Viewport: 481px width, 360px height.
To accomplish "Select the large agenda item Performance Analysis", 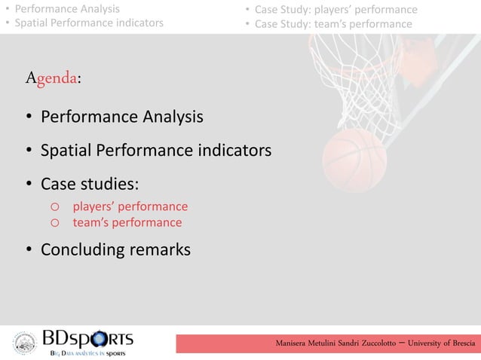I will pos(121,117).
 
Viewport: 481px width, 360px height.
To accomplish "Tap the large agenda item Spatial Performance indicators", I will pos(155,151).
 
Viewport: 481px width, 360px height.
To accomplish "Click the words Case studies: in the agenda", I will pos(89,185).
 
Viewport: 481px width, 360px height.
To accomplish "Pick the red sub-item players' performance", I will pos(130,206).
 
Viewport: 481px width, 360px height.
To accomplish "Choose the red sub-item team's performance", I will pos(127,222).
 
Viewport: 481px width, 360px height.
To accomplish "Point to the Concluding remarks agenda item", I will pos(115,249).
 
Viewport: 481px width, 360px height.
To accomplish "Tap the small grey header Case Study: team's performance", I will pos(333,24).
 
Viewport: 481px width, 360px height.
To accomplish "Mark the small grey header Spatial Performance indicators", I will pos(88,23).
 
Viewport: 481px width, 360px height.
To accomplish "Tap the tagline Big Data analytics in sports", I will pos(87,352).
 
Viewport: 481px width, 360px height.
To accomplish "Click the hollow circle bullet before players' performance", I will pos(54,207).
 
